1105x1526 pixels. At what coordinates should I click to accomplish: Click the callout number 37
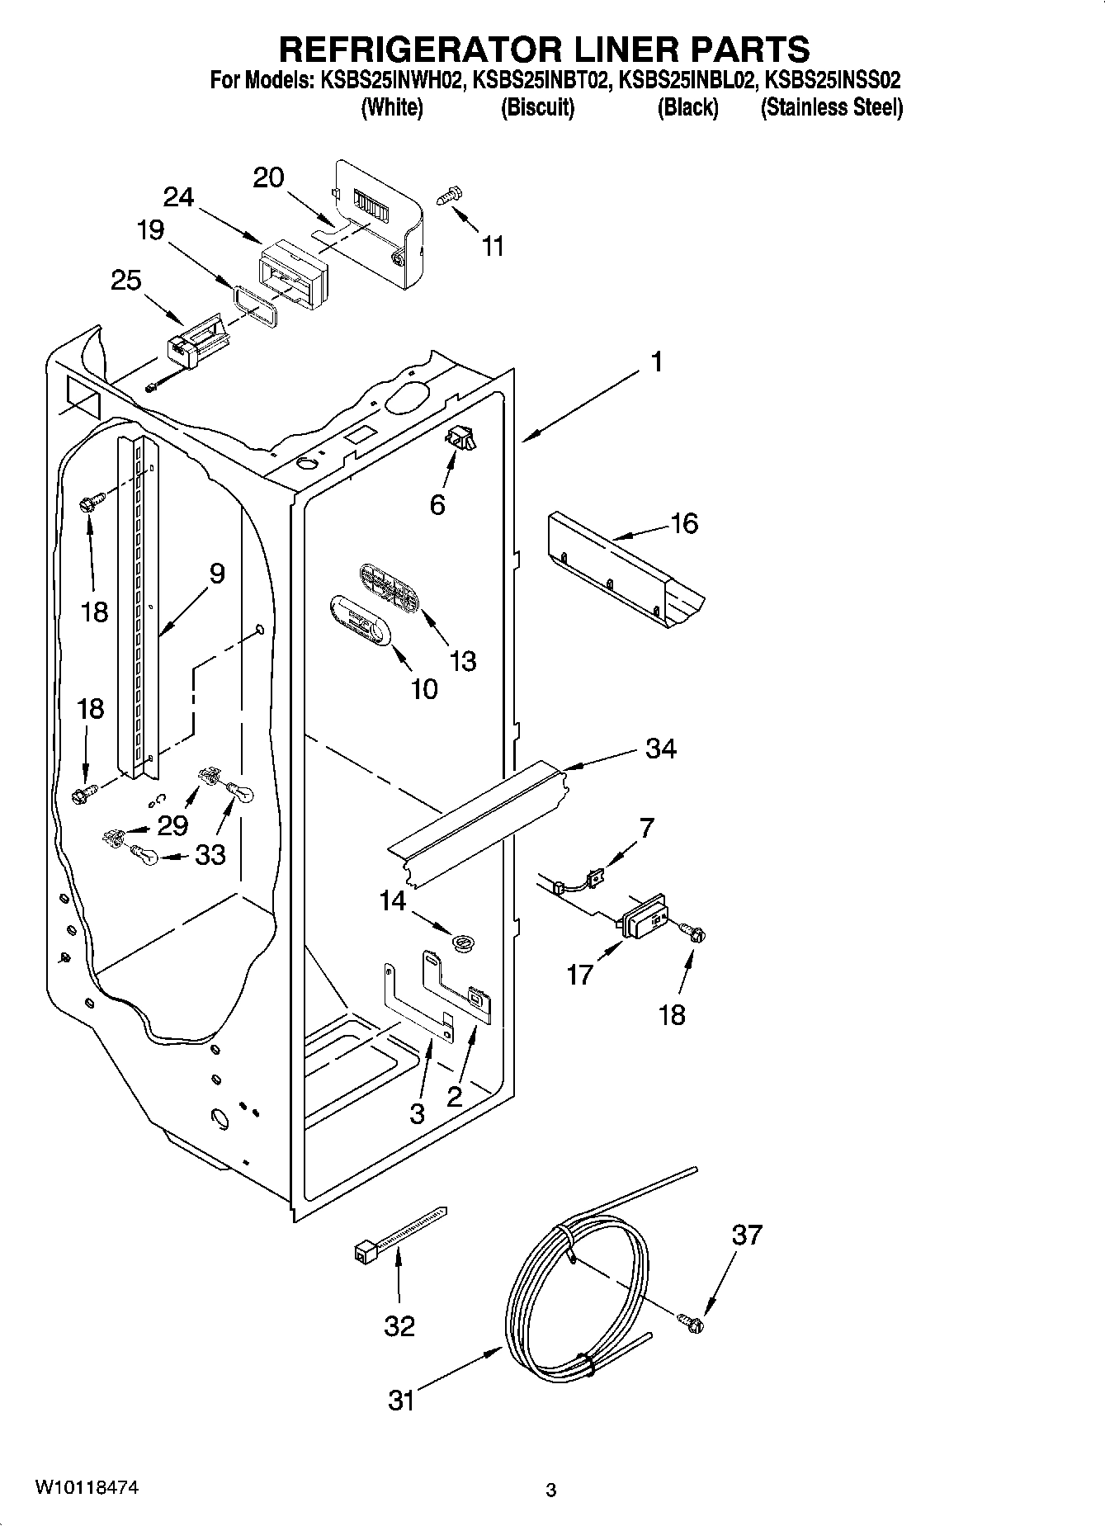click(x=747, y=1235)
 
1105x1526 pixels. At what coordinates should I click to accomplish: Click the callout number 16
click(x=685, y=523)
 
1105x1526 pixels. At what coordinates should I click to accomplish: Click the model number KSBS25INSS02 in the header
click(x=833, y=82)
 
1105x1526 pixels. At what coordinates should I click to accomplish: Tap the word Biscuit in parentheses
click(x=537, y=108)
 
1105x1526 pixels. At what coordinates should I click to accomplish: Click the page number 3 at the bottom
click(x=551, y=1491)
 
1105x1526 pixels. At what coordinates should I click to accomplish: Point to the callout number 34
click(x=661, y=749)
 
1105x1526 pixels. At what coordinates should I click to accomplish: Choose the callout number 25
click(x=125, y=281)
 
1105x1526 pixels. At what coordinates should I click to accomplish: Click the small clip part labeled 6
click(x=461, y=439)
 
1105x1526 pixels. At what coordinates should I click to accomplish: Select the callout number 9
click(x=216, y=573)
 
